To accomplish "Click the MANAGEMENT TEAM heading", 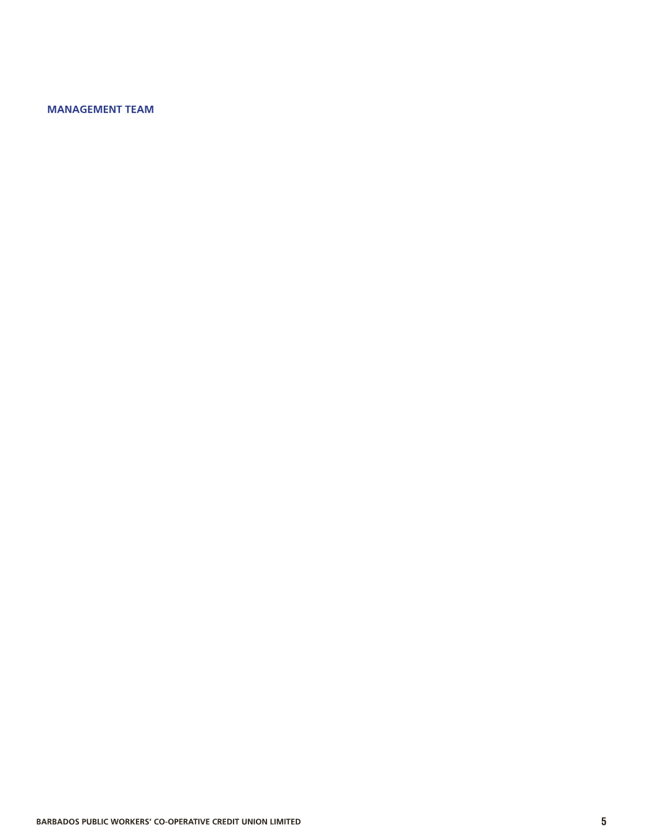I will (x=101, y=109).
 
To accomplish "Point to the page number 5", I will (x=604, y=822).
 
